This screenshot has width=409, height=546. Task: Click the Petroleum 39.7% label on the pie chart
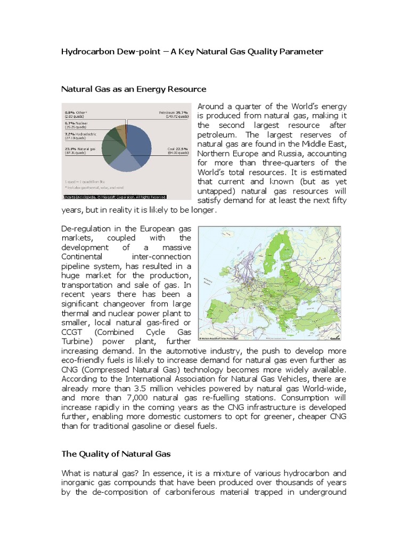click(x=174, y=113)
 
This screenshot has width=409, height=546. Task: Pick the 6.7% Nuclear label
click(x=77, y=124)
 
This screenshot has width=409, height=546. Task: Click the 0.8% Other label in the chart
click(x=75, y=113)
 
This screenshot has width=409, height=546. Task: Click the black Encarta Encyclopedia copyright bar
click(x=114, y=196)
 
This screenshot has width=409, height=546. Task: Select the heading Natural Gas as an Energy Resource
click(x=133, y=89)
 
